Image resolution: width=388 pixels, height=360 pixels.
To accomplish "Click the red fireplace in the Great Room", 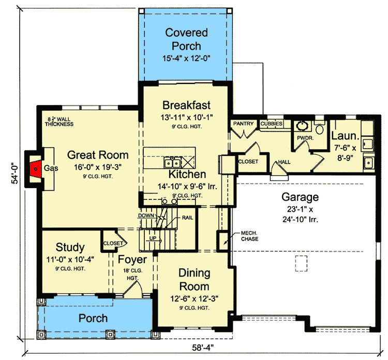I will coord(35,168).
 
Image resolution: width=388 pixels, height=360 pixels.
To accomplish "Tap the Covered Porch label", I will coord(186,39).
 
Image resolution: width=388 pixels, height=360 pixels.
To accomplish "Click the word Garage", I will coord(300,197).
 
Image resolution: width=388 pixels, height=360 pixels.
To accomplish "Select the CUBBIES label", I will coord(271,124).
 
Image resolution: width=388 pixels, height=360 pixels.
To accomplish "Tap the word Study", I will coord(70,247).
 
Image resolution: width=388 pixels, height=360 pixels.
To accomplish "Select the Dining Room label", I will coord(193,280).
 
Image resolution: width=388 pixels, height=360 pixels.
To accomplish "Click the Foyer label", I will coord(132,260).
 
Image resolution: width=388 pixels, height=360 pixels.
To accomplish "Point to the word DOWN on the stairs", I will coord(147,215).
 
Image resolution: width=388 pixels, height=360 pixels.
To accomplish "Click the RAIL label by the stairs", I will coord(187,218).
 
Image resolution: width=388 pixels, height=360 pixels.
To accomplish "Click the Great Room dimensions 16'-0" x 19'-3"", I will coord(98,167).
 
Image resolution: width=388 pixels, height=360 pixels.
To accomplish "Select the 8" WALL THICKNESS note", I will coord(57,122).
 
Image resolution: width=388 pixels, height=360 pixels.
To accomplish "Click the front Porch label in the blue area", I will coord(93,318).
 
